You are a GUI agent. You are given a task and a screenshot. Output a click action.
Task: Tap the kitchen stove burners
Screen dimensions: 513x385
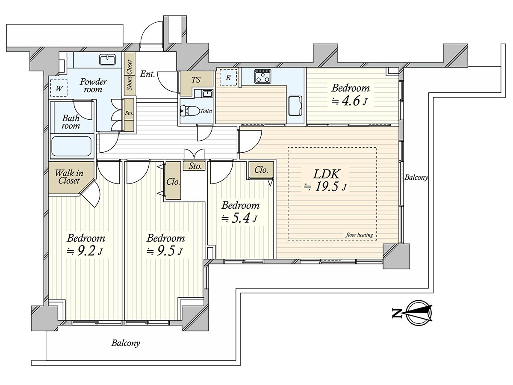coord(263,76)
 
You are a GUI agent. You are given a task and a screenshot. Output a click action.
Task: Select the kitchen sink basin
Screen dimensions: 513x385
coord(295,106)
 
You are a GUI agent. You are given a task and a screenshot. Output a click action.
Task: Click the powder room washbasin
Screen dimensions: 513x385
coord(107,59)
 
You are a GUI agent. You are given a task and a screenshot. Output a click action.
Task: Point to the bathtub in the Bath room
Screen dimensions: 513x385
coord(71,146)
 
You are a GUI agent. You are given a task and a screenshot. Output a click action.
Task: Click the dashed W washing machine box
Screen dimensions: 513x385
coord(59,88)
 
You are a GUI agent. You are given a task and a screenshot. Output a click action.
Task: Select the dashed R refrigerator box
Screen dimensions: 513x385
coord(228,77)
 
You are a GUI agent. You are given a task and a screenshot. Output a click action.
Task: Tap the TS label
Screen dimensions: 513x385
coord(196,80)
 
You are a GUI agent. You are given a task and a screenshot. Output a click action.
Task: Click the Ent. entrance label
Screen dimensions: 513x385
coord(147,74)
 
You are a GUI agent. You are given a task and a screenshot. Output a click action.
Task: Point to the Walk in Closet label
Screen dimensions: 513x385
coord(69,177)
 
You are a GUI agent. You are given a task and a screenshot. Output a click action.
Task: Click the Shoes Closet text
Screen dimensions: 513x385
coord(130,75)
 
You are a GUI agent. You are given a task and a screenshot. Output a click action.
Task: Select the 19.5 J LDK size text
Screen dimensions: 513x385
coord(324,187)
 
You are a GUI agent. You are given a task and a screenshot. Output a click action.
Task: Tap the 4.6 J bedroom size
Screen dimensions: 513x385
coord(349,101)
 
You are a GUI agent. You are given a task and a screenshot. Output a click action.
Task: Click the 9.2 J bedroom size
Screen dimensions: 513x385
coord(85,251)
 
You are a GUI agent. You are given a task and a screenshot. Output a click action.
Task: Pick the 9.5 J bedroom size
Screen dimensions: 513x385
coord(165,251)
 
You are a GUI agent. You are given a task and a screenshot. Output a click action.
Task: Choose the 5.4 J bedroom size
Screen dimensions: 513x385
coord(239,218)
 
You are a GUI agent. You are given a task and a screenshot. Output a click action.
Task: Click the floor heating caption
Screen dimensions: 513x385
coord(359,235)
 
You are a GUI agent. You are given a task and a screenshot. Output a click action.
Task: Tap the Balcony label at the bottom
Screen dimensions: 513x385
coord(126,343)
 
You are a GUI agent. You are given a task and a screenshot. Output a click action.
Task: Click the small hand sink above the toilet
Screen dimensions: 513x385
coord(206,94)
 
